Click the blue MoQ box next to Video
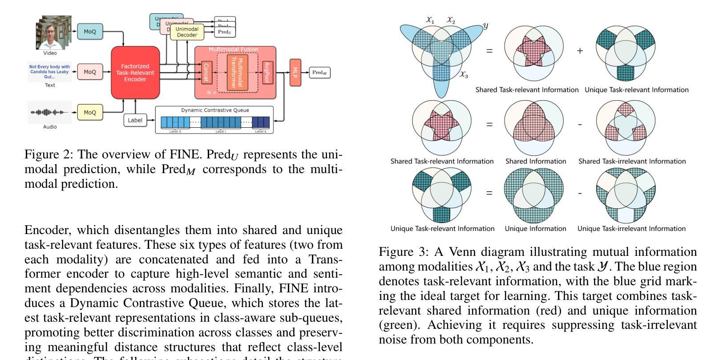click(90, 32)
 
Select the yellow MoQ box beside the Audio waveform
click(90, 113)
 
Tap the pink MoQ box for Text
click(90, 72)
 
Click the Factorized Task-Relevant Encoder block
click(135, 73)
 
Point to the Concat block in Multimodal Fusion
click(206, 72)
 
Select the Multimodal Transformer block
click(237, 73)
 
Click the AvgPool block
click(267, 73)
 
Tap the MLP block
click(295, 72)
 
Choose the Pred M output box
click(320, 73)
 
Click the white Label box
click(135, 120)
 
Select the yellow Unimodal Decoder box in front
click(187, 32)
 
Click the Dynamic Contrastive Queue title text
click(215, 110)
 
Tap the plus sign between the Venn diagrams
click(580, 51)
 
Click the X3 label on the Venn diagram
click(464, 75)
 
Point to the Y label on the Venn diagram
click(485, 26)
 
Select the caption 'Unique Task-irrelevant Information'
click(631, 229)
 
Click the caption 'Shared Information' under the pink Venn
click(536, 161)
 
